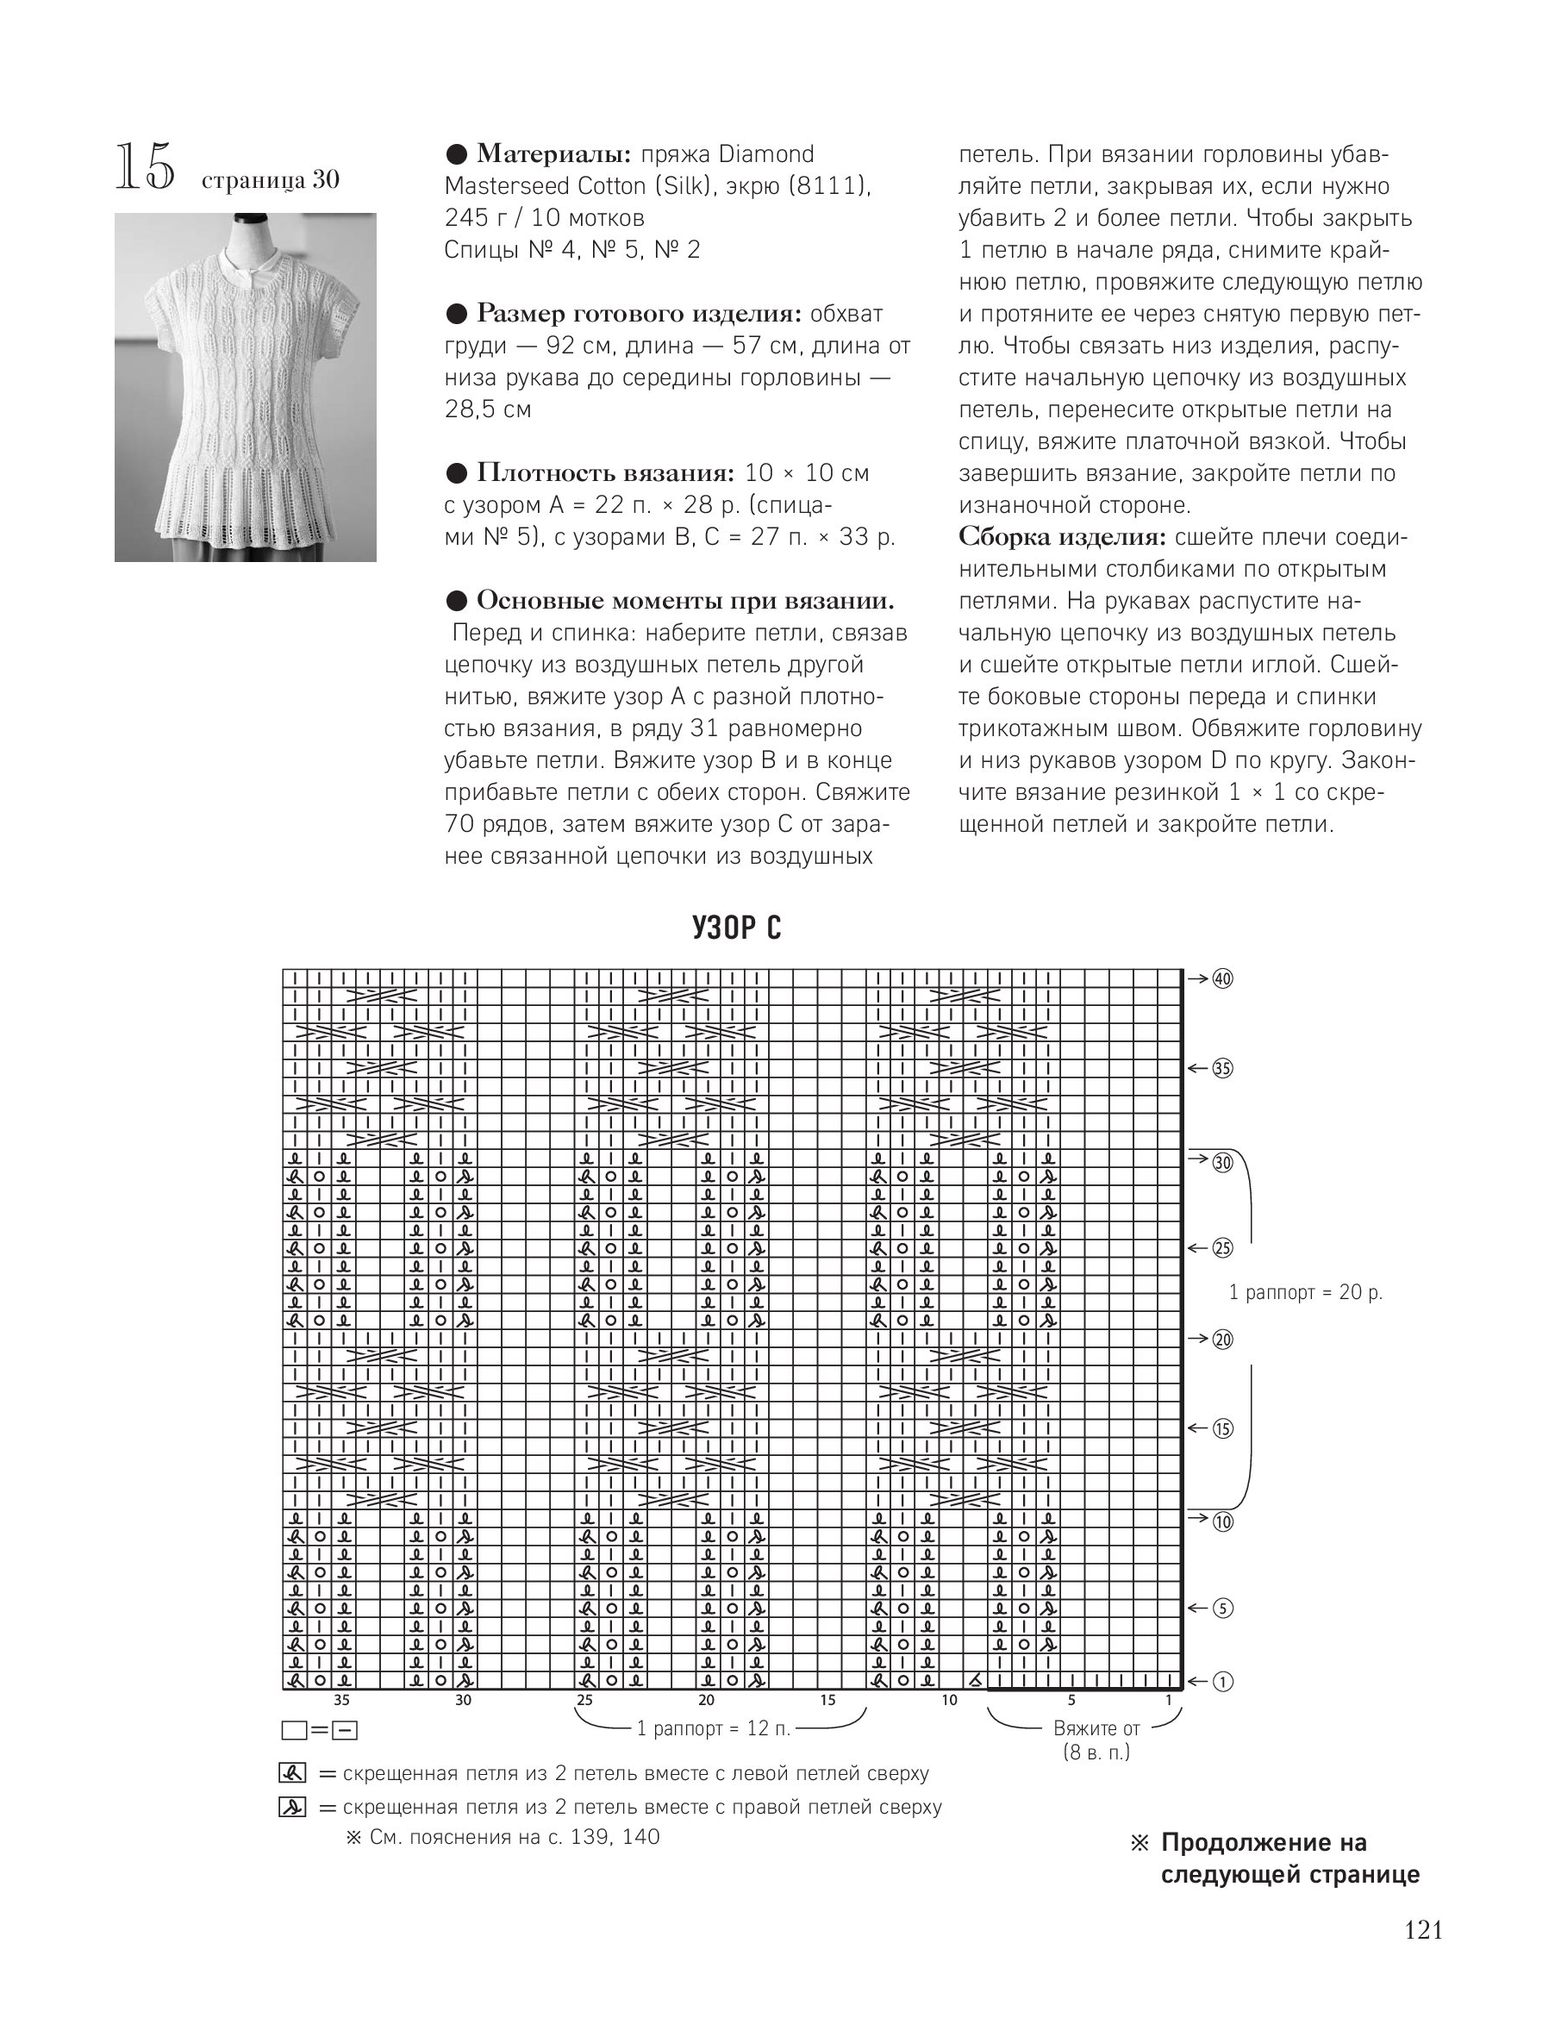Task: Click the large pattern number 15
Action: pyautogui.click(x=144, y=168)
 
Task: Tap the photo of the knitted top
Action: pyautogui.click(x=246, y=386)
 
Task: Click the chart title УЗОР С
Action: pyautogui.click(x=737, y=928)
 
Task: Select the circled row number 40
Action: pyautogui.click(x=1223, y=978)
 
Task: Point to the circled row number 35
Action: pyautogui.click(x=1223, y=1068)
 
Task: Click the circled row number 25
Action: pyautogui.click(x=1223, y=1247)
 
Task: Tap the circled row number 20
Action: pyautogui.click(x=1223, y=1339)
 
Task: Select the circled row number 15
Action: pyautogui.click(x=1223, y=1429)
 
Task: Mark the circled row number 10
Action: pyautogui.click(x=1223, y=1521)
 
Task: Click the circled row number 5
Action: pyautogui.click(x=1223, y=1609)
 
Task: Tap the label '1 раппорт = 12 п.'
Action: pyautogui.click(x=714, y=1729)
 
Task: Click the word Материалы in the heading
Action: pyautogui.click(x=553, y=154)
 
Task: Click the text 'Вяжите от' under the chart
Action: pyautogui.click(x=1096, y=1728)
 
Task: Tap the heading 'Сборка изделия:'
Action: pyautogui.click(x=1062, y=538)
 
